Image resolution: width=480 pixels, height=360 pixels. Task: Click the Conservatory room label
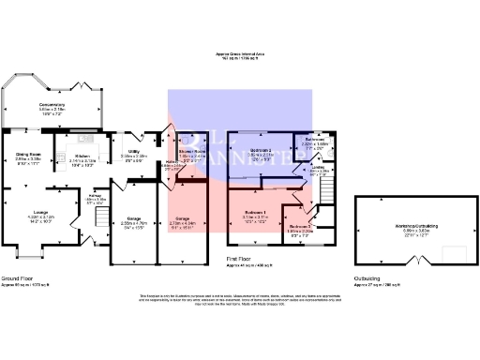coord(52,104)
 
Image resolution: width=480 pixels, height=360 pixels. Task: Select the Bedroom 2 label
coord(262,149)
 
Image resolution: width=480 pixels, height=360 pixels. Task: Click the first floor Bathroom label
coord(313,139)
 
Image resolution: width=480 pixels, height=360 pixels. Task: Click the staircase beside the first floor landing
coord(323,193)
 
